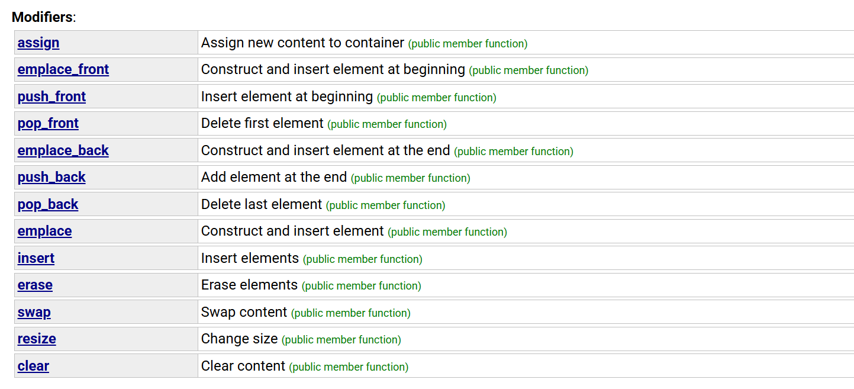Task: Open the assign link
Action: (x=38, y=43)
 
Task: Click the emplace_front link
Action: (x=63, y=69)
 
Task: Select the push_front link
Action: (x=51, y=97)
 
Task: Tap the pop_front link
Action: (x=48, y=123)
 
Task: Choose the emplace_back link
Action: (x=63, y=150)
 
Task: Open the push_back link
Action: (x=51, y=177)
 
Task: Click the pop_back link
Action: (x=48, y=204)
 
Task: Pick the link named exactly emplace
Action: (x=44, y=231)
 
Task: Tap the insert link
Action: (x=36, y=258)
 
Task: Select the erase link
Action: (x=35, y=285)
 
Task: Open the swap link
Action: (x=34, y=312)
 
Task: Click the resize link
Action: (x=37, y=339)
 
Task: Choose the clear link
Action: (x=33, y=366)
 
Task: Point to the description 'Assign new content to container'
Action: (x=302, y=43)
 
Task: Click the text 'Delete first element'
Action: (x=262, y=123)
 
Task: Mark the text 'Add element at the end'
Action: (x=273, y=177)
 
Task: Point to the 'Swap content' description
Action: (x=244, y=312)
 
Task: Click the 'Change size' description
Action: (x=239, y=339)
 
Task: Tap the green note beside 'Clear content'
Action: (x=349, y=367)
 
